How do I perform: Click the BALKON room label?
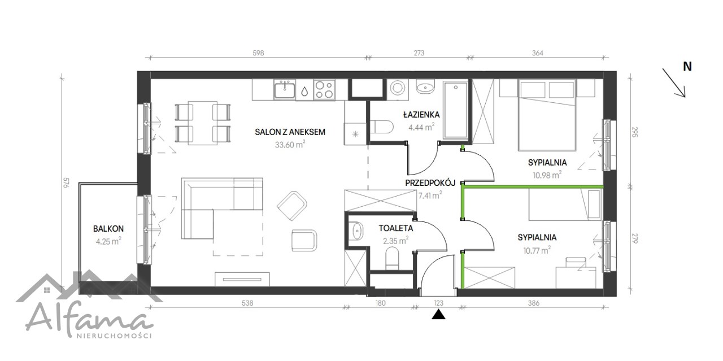[x=108, y=229]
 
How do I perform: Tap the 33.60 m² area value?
[x=290, y=144]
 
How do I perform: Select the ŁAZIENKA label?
[x=421, y=114]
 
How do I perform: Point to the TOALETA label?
[x=396, y=228]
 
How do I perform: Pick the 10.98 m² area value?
[x=547, y=175]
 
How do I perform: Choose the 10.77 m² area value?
[x=537, y=250]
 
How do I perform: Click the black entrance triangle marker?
[x=439, y=315]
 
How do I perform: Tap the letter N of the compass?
[x=687, y=67]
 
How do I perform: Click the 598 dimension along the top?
[x=258, y=53]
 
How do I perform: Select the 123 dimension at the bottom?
[x=439, y=303]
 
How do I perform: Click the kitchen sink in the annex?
[x=284, y=89]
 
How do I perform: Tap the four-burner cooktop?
[x=324, y=89]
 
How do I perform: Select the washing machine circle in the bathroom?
[x=397, y=88]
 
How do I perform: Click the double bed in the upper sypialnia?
[x=547, y=115]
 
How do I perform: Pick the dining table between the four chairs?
[x=203, y=123]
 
